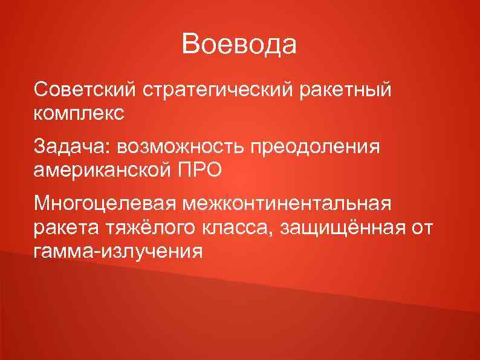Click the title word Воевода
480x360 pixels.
click(x=239, y=44)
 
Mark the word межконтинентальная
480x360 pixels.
click(x=284, y=203)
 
